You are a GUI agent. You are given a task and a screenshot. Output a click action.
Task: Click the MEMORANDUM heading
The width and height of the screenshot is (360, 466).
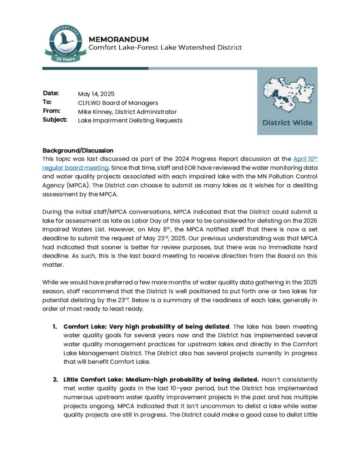click(118, 39)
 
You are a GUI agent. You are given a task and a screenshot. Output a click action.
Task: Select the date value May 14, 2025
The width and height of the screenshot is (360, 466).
click(96, 94)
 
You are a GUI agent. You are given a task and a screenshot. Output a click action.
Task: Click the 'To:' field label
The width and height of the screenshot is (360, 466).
click(47, 102)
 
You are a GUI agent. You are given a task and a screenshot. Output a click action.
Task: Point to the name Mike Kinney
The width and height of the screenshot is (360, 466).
click(96, 111)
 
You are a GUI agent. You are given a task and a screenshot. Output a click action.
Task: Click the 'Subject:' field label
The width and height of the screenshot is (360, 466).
click(55, 120)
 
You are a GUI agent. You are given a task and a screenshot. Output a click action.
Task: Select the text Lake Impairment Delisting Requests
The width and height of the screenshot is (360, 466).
click(130, 121)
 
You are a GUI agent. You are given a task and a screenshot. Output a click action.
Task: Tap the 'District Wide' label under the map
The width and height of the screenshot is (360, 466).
click(287, 122)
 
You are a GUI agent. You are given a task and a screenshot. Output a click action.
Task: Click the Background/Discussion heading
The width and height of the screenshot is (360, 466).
click(78, 150)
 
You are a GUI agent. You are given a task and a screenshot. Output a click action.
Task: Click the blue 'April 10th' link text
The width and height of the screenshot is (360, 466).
click(305, 159)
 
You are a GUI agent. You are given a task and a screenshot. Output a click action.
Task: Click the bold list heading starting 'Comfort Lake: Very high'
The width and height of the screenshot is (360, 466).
click(147, 327)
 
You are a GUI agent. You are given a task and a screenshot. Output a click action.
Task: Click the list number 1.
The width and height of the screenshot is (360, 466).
click(54, 327)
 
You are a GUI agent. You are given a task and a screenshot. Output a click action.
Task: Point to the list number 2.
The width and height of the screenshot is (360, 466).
click(55, 380)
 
